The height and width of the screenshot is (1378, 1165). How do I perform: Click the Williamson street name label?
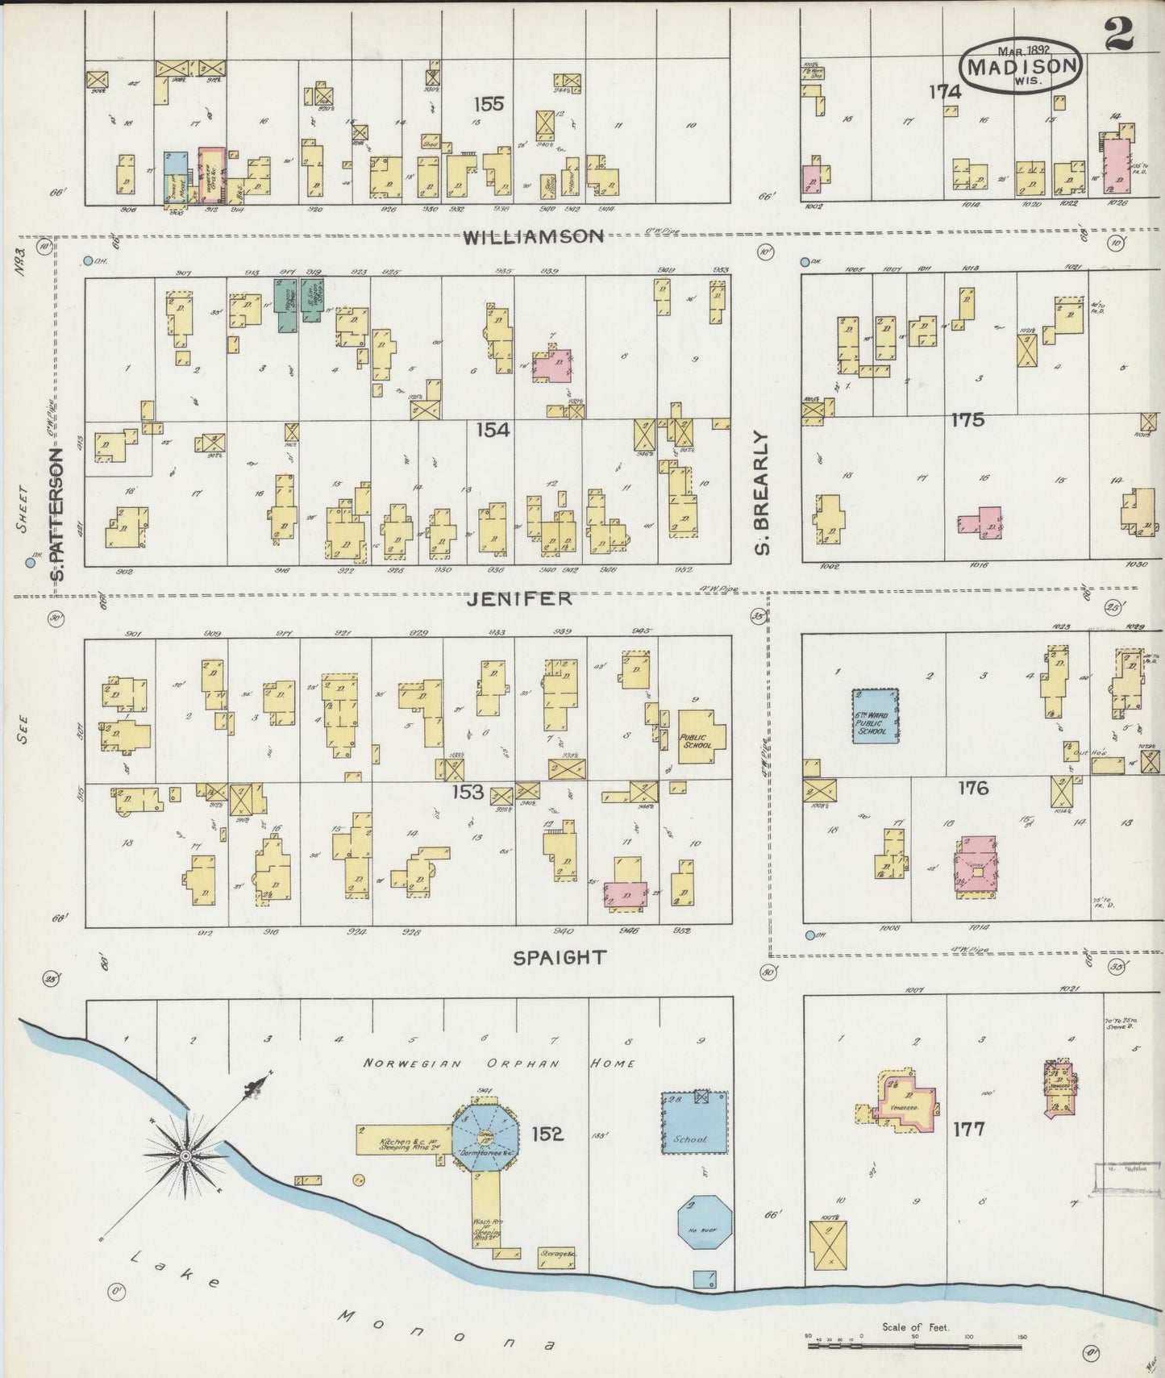tap(534, 236)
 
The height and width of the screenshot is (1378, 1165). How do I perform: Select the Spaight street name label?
tap(560, 957)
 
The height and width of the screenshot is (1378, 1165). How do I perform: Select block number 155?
tap(489, 104)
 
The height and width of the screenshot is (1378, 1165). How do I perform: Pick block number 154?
tap(492, 430)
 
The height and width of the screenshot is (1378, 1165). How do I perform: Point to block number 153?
tap(468, 791)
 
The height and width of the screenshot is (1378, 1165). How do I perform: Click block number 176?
tap(973, 788)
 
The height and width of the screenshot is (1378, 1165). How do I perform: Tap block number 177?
tap(967, 1129)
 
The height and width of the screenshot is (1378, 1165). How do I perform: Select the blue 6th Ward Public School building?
tap(876, 714)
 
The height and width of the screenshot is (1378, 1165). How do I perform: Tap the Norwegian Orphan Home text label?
tap(499, 1063)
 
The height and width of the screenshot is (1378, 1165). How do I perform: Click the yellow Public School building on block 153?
tap(700, 732)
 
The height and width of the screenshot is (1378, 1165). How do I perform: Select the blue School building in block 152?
tap(695, 1124)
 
